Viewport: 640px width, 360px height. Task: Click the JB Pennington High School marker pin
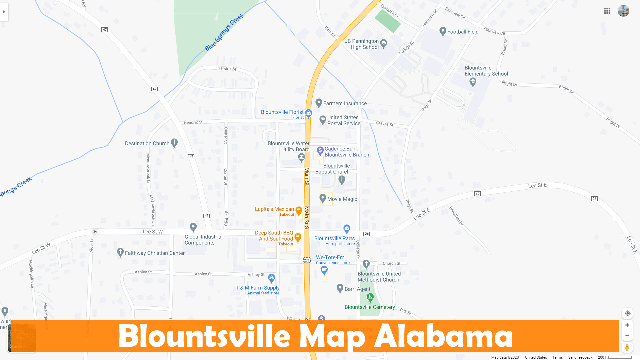(384, 43)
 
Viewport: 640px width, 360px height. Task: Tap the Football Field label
(463, 32)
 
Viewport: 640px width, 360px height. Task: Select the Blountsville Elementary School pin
(473, 81)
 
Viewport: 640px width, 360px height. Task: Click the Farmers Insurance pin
(319, 103)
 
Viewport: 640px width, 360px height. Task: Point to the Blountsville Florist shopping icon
(309, 113)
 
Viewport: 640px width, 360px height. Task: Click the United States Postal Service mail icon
(323, 119)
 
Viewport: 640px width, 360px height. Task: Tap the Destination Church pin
(174, 143)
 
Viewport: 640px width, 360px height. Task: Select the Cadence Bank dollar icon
(320, 151)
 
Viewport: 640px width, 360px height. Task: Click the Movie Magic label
(342, 199)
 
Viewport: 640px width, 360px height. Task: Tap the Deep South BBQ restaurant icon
(298, 237)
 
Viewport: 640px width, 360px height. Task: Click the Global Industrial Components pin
(193, 227)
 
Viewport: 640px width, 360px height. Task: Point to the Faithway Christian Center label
(155, 253)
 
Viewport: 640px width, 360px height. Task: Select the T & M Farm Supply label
(258, 288)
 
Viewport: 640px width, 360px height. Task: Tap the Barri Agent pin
(340, 288)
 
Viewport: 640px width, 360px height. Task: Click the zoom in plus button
(627, 325)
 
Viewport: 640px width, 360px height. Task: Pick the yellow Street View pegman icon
(627, 347)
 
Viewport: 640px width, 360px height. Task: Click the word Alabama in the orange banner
(443, 336)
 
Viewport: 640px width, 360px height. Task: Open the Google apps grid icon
(607, 11)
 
